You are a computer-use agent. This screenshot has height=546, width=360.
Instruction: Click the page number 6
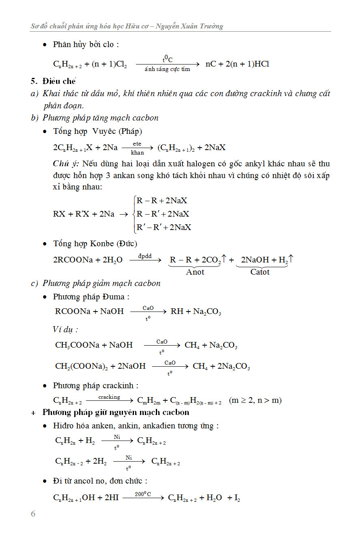[33, 514]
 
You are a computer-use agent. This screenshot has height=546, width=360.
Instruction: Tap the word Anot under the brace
[195, 272]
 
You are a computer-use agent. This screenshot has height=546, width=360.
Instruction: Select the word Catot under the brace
[260, 272]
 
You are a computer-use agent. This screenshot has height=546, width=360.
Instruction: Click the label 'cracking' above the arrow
[109, 397]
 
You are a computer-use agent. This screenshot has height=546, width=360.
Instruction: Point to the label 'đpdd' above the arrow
[145, 256]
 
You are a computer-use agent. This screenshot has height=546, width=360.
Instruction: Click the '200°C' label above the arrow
[143, 494]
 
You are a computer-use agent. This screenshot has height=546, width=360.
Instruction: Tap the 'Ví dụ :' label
[65, 329]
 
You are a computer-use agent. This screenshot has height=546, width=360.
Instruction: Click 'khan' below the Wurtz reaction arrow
[137, 153]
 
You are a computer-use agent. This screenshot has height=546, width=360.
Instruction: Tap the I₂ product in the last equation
[237, 498]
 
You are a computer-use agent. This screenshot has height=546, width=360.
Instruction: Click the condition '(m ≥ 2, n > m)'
[255, 400]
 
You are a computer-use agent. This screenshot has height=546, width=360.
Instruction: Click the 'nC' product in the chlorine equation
[211, 64]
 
